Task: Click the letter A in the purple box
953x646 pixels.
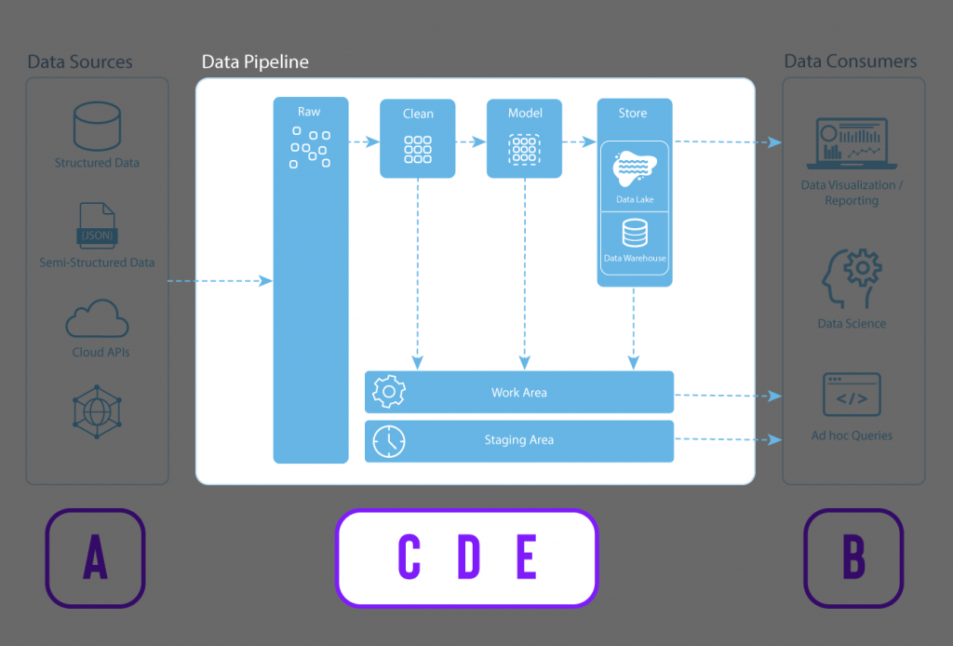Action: [x=95, y=558]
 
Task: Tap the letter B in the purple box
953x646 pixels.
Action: [x=853, y=558]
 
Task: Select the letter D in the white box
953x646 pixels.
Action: [x=468, y=558]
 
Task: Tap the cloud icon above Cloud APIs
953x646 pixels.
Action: [x=97, y=319]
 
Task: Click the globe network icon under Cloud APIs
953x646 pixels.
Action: [x=97, y=410]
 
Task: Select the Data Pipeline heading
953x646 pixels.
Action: [x=255, y=62]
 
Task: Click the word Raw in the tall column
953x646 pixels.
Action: [x=309, y=112]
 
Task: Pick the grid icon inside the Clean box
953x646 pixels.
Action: [x=418, y=150]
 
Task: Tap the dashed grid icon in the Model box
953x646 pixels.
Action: [x=525, y=150]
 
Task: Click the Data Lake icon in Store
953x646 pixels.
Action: [x=635, y=169]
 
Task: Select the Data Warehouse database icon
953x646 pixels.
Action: [x=635, y=233]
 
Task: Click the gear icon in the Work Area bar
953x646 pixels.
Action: [x=388, y=392]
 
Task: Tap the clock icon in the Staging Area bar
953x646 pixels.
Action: [x=388, y=441]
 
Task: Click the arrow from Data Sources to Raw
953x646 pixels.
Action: [x=220, y=280]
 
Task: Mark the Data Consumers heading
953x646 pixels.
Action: [x=851, y=61]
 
